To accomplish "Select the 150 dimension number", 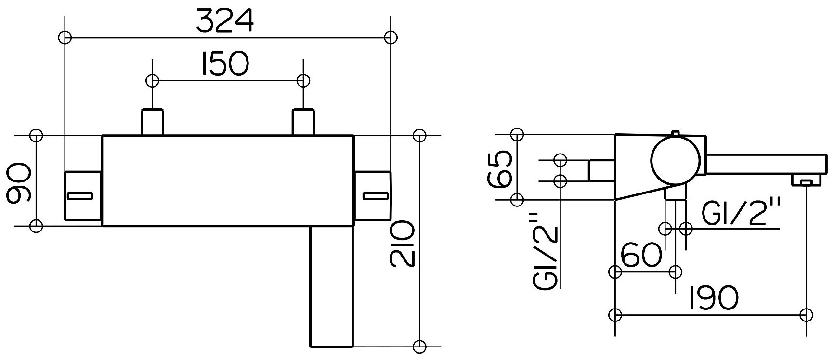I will point(225,64).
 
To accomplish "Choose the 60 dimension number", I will point(641,255).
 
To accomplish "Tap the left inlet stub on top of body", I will point(152,122).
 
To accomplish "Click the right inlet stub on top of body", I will point(303,122).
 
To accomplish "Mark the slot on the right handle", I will point(375,195).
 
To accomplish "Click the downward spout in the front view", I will point(331,286).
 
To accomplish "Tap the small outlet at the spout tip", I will point(807,181).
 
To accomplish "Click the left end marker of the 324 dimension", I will point(65,37).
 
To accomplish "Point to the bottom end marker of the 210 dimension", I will point(420,346).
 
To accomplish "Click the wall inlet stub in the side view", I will point(601,170).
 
